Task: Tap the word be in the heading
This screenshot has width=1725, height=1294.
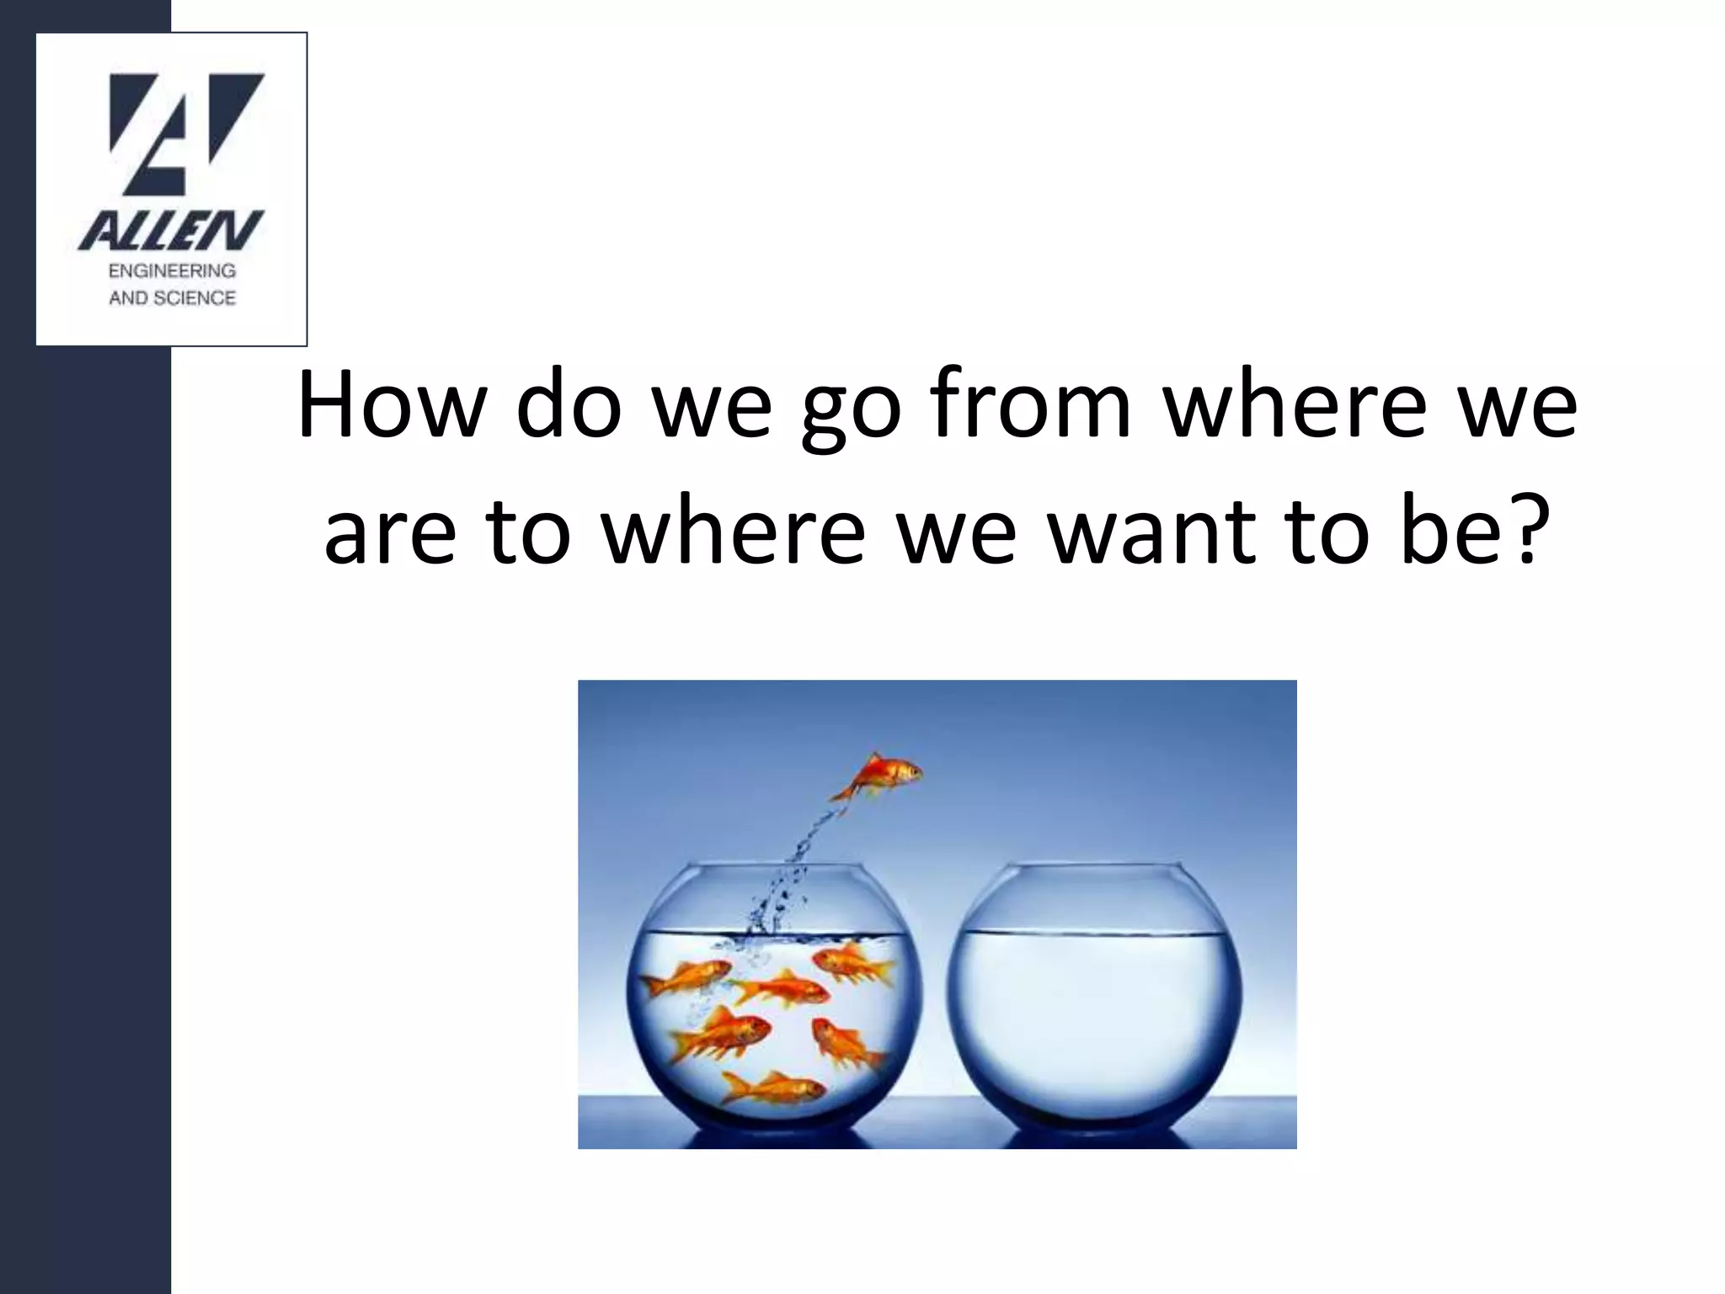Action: click(x=1444, y=532)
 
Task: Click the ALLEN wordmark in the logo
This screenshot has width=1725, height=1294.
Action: click(x=171, y=231)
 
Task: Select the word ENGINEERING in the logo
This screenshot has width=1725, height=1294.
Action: click(x=172, y=271)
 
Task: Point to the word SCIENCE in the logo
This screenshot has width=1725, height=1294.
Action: click(x=194, y=298)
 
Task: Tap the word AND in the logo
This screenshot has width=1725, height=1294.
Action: click(x=127, y=298)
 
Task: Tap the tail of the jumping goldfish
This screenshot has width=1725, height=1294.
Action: click(x=845, y=793)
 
